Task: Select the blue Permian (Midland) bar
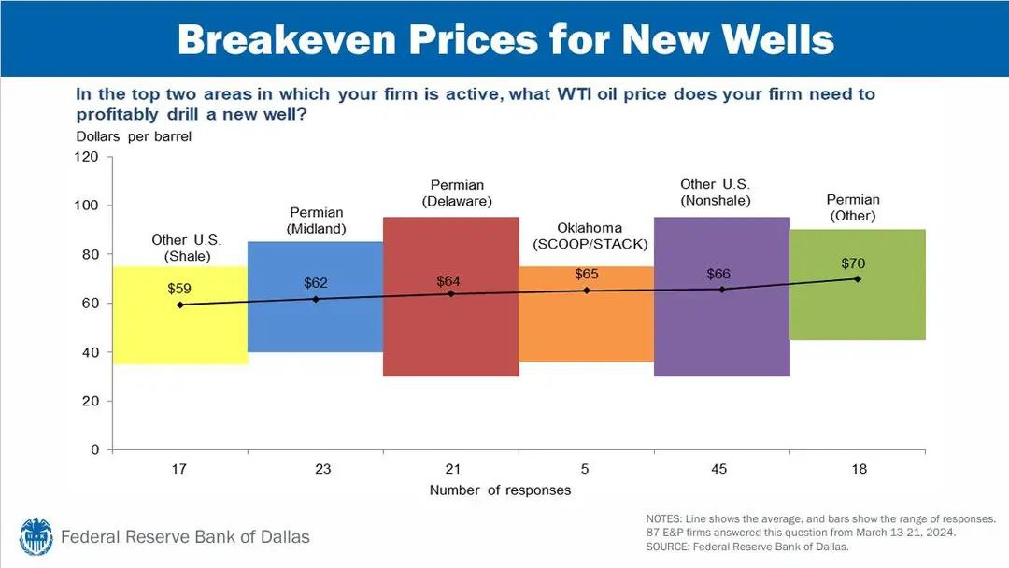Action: coord(315,322)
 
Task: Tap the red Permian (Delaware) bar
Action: coord(451,336)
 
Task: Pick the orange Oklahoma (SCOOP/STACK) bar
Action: coord(587,327)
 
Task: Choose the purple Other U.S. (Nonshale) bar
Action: coord(722,336)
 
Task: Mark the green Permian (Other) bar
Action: coord(858,313)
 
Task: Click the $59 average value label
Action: coord(179,289)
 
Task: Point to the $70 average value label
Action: coord(854,264)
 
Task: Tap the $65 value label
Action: coord(587,275)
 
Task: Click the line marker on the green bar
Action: coord(858,278)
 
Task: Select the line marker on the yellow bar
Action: coord(179,305)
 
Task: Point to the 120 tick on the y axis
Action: coord(87,157)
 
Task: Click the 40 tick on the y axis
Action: coord(91,352)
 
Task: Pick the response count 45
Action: coord(718,469)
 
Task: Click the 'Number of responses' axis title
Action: coord(500,490)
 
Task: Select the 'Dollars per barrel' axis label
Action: coord(134,136)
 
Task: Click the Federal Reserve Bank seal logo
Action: coord(36,536)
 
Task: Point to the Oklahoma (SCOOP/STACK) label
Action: coord(590,236)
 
